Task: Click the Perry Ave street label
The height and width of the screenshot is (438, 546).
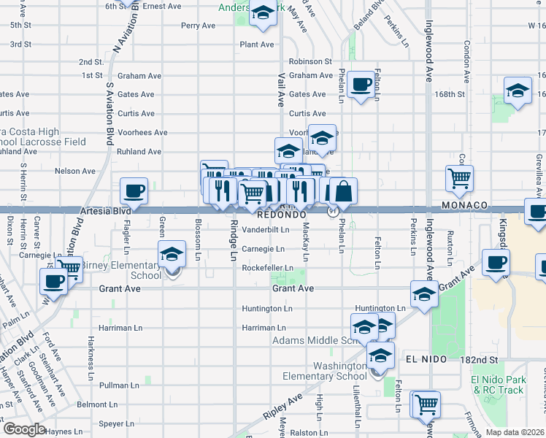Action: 198,26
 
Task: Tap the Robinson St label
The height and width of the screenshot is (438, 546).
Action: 309,62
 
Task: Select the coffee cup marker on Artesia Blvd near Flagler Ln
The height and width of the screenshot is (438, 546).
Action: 134,191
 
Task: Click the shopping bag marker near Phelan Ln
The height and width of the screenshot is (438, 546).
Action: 343,192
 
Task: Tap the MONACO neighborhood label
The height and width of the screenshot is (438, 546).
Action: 464,207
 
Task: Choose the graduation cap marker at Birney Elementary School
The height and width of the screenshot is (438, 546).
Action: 172,255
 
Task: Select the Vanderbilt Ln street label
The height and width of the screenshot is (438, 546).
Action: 266,229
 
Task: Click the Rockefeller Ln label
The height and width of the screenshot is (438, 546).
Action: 268,268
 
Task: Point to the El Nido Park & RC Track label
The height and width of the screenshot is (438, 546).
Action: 498,385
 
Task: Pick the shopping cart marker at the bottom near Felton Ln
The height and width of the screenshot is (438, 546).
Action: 426,404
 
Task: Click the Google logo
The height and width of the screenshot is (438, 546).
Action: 24,429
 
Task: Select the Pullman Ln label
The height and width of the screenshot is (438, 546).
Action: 119,385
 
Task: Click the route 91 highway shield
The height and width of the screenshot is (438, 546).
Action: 333,212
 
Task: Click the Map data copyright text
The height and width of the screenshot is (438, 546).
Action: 514,431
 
